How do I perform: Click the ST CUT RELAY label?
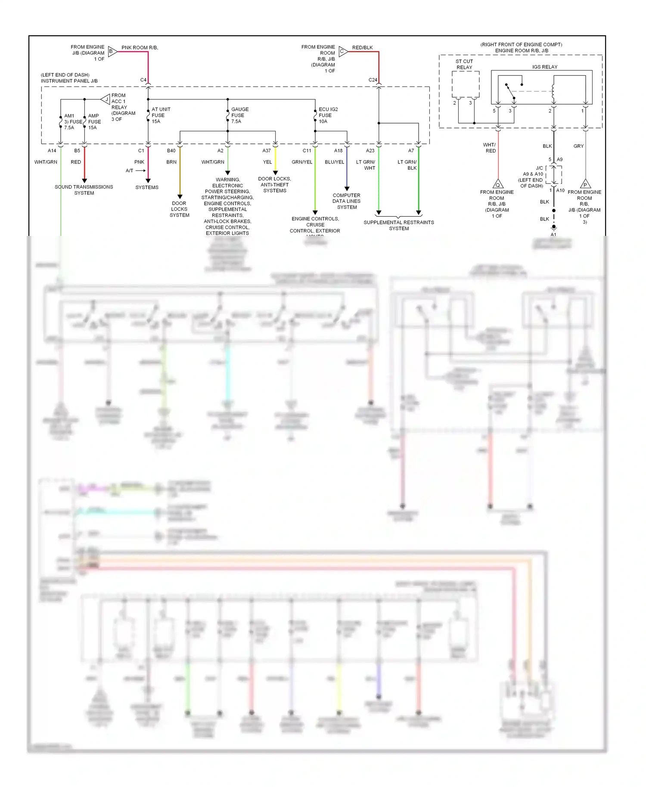point(464,64)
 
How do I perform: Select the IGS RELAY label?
point(544,67)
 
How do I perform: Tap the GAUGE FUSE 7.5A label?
point(239,115)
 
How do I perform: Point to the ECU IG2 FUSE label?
point(328,115)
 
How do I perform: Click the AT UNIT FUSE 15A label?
point(160,115)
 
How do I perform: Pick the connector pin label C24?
point(373,80)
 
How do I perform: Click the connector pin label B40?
point(171,151)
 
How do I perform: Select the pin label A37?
point(267,151)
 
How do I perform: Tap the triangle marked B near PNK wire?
point(112,52)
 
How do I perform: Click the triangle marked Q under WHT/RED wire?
point(498,184)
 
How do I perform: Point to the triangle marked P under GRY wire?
point(585,184)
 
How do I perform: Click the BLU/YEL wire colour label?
point(335,162)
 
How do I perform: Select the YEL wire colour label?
point(267,162)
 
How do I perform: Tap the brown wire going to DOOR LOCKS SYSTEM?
point(180,172)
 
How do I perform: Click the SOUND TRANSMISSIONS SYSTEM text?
point(84,190)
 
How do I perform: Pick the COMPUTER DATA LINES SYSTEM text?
point(347,201)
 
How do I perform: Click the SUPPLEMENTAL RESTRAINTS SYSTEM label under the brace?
point(399,225)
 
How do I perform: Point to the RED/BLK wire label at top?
point(362,48)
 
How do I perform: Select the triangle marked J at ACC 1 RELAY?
point(106,99)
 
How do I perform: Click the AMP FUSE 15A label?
point(94,122)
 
